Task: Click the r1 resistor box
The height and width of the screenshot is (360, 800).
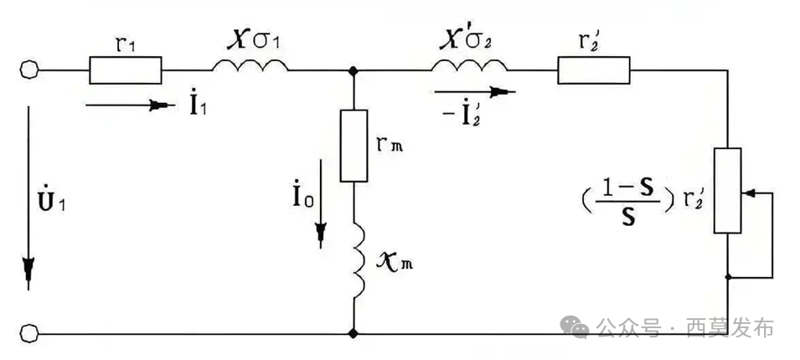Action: (126, 70)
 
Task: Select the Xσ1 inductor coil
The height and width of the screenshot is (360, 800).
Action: (250, 64)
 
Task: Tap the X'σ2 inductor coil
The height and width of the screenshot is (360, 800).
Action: (469, 64)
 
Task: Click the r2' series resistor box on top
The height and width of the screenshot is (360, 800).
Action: (594, 70)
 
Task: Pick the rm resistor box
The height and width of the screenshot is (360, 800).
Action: (354, 146)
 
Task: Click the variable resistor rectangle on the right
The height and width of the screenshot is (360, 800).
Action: (727, 190)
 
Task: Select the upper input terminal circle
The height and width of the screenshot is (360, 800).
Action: (29, 69)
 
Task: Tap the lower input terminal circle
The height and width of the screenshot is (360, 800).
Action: (29, 334)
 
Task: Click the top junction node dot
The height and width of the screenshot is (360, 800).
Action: (353, 70)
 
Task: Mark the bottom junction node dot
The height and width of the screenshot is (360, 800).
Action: (353, 334)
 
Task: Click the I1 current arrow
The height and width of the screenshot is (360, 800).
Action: (131, 105)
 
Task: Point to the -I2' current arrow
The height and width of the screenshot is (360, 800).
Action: (475, 92)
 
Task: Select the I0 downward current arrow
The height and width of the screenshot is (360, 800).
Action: (320, 204)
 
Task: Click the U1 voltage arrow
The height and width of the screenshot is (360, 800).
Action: (28, 198)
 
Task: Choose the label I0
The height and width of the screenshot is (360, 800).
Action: (303, 196)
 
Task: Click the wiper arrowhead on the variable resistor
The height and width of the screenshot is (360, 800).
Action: (748, 193)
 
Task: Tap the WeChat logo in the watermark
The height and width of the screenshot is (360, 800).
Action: (575, 327)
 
